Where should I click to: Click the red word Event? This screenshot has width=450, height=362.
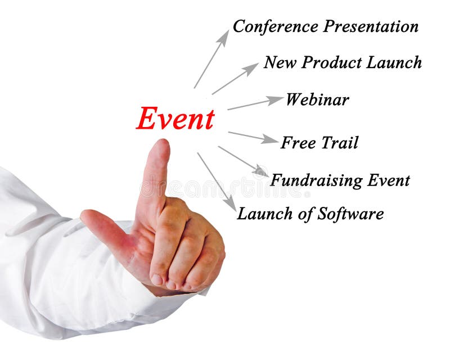coord(175,119)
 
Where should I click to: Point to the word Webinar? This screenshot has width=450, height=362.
coord(317,100)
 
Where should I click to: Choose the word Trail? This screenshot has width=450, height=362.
coord(340,143)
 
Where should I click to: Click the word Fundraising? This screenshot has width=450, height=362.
coord(317,180)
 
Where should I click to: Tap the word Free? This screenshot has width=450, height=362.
coord(298,143)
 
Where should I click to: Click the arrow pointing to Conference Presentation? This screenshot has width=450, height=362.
coord(211,59)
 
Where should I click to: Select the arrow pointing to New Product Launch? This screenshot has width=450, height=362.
coord(235,79)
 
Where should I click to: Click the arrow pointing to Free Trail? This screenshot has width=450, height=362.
coord(253,137)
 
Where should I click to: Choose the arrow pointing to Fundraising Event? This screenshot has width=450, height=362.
coord(243,161)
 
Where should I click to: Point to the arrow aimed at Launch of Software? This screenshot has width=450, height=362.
coord(217,182)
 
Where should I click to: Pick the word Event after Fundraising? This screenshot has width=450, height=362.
coord(389,180)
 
